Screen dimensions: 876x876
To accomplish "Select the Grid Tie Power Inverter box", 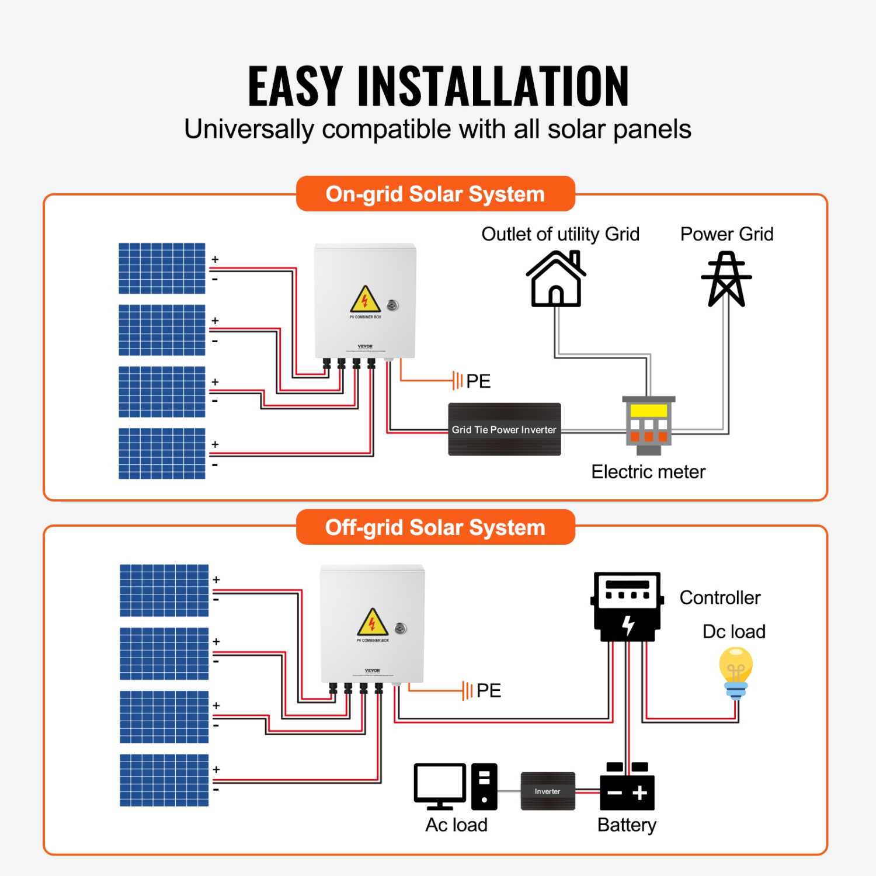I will (504, 429).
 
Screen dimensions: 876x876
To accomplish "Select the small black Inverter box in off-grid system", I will (547, 791).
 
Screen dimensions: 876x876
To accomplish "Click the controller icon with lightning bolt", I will (627, 607).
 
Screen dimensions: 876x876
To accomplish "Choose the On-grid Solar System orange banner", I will (435, 194).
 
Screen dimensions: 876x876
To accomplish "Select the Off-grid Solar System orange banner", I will (435, 527).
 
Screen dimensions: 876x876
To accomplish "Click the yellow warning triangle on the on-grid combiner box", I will (365, 300).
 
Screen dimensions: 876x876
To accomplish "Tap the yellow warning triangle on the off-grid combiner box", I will (373, 623).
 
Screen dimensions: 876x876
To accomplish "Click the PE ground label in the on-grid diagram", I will (478, 381).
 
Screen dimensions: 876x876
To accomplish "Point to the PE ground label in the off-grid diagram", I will (488, 691).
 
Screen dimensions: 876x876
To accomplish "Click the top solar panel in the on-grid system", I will (162, 268).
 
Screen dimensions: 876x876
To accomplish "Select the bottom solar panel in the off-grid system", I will (164, 780).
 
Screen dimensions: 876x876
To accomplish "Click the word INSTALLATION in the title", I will (493, 86).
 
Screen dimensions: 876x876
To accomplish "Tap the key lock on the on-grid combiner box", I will (393, 305).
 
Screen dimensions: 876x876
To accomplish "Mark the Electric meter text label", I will (648, 472).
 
